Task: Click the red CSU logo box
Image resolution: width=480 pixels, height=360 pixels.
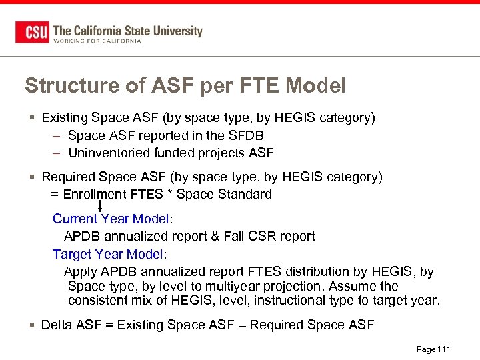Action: tap(32, 32)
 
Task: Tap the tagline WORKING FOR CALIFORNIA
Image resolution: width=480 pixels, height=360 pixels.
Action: tap(97, 41)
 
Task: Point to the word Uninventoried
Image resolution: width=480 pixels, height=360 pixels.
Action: tap(107, 153)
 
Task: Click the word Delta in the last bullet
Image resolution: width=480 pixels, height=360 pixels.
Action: tap(55, 325)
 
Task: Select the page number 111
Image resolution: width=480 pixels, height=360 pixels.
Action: tap(444, 349)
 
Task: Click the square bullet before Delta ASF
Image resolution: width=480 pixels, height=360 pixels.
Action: tap(32, 325)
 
